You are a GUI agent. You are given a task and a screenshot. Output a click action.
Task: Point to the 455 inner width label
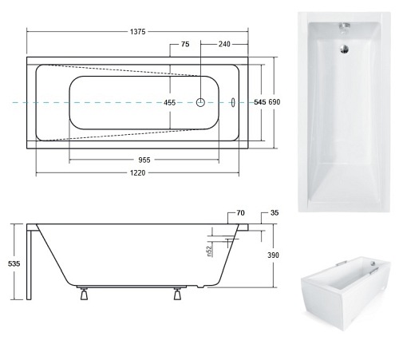[170, 103]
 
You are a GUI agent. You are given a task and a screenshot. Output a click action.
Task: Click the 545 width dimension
[259, 103]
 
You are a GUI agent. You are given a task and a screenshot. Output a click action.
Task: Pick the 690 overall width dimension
[275, 103]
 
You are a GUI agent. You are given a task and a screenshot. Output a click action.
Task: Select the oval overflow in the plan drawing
[233, 102]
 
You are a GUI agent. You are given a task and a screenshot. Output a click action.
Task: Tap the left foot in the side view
[83, 295]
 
